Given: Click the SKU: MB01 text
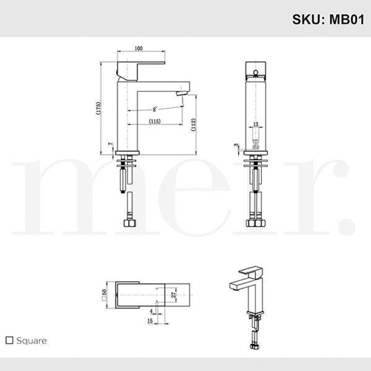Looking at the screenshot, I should point(328,19).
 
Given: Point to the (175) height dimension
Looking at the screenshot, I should point(99,108).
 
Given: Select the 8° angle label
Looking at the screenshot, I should point(155,109).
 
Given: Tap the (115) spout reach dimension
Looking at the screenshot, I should point(155,121).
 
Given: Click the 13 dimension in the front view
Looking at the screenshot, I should point(256,124).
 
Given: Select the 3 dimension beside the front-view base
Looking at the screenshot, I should point(236,146).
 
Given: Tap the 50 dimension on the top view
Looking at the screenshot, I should point(104,293).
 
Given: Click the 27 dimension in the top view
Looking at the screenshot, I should point(173,294).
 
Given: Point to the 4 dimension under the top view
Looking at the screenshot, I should point(151,311).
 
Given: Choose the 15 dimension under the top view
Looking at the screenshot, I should point(150,321).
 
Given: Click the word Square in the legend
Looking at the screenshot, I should point(31,341).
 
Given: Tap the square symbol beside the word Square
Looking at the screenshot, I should point(10,340).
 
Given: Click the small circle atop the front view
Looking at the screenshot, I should point(256,72).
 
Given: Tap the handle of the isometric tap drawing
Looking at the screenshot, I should point(251,271).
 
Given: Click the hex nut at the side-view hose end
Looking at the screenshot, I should point(130,223).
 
